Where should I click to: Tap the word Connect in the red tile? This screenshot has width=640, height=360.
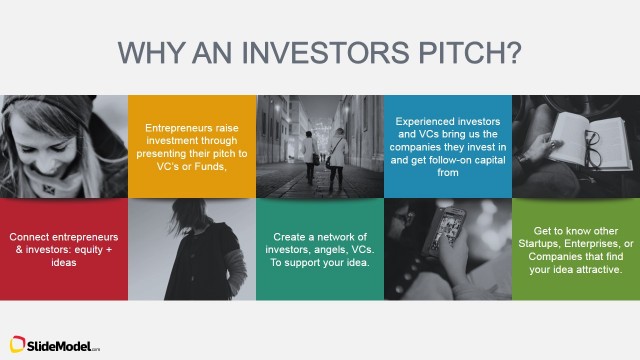[x=31, y=237]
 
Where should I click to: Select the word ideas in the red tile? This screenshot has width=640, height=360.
[x=64, y=263]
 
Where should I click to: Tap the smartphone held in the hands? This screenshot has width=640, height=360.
[x=450, y=240]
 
